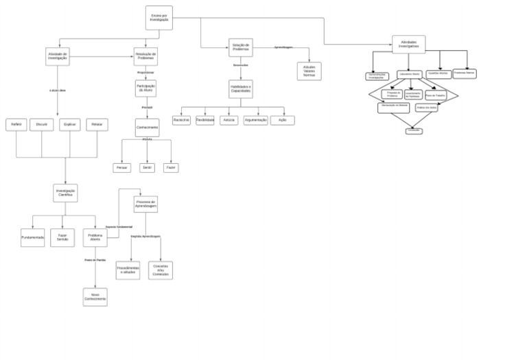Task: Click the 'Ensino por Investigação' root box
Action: click(x=159, y=18)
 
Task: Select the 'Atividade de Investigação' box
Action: click(x=58, y=57)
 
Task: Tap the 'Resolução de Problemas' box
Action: click(x=145, y=56)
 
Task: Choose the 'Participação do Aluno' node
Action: click(x=146, y=88)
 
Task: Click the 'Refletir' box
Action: click(x=16, y=125)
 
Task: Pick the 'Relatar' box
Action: click(x=97, y=125)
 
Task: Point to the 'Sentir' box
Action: click(x=147, y=167)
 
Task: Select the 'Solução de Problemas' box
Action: click(x=241, y=47)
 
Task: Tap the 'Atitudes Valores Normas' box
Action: click(x=309, y=71)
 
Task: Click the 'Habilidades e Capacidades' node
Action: click(x=241, y=89)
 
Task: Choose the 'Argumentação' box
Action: click(x=255, y=120)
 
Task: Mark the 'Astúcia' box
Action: click(x=229, y=120)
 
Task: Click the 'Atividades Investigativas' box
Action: click(x=408, y=45)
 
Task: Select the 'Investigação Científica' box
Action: click(x=66, y=193)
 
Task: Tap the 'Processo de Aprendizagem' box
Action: click(x=145, y=204)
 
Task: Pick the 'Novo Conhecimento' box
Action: click(x=95, y=297)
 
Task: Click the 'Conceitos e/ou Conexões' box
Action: click(x=161, y=270)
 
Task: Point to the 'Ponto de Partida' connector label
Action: click(x=95, y=260)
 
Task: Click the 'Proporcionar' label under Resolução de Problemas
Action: click(x=145, y=72)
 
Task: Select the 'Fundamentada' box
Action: click(x=32, y=237)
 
